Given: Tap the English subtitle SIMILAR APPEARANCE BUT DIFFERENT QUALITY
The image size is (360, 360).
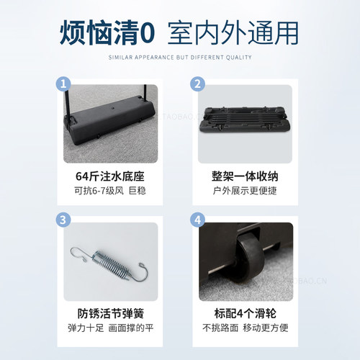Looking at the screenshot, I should (x=180, y=57).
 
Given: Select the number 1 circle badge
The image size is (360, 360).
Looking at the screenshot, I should (x=64, y=84).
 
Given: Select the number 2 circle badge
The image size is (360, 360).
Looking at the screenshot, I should (x=197, y=84).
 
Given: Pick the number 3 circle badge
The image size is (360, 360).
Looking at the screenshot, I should (x=64, y=220).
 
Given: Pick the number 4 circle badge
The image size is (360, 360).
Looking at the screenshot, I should (x=197, y=220).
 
